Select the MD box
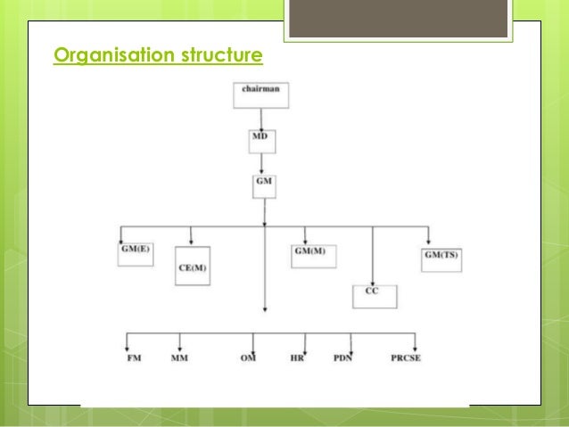pos(261,141)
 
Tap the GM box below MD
pos(264,185)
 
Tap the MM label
pos(179,357)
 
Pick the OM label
pos(250,357)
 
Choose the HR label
pos(298,357)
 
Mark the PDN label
pos(344,357)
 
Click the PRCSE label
pos(406,357)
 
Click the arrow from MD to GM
pos(261,163)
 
